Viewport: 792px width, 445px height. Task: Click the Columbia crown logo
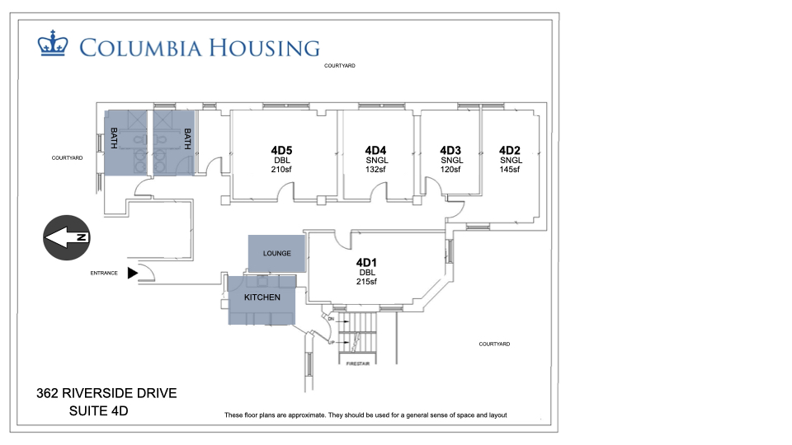pos(53,44)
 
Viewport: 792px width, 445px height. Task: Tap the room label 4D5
pos(281,150)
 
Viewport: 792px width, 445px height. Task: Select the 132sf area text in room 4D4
pos(375,170)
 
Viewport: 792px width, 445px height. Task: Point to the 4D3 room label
pos(450,150)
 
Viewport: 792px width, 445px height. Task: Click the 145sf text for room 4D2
pos(510,170)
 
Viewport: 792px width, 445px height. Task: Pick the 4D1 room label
pos(366,262)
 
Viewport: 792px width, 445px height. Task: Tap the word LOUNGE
pos(277,253)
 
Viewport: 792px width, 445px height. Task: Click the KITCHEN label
pos(262,297)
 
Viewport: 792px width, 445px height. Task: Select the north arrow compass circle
pos(67,237)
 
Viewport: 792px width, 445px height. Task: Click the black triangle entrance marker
pos(132,273)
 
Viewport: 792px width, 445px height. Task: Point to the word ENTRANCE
pos(104,273)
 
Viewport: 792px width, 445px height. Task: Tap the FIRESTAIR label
pos(357,363)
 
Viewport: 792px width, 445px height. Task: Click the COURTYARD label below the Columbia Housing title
pos(339,66)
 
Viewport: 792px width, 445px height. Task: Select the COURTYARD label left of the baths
pos(67,158)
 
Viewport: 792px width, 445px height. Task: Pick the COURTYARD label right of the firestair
pos(494,344)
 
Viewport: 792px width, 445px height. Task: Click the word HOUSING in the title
pos(264,48)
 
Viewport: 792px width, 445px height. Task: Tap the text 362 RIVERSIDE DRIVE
pos(106,393)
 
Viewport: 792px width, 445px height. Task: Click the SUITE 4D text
pos(98,410)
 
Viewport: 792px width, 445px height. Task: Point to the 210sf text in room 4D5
pos(281,170)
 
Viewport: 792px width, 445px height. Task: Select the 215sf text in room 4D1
pos(366,282)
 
